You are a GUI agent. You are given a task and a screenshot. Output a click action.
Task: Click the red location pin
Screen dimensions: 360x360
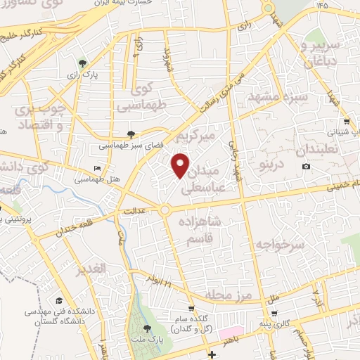(181, 165)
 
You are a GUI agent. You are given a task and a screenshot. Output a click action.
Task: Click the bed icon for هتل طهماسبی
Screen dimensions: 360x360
(97, 169)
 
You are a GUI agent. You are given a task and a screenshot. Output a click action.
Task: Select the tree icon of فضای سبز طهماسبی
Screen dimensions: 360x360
(131, 133)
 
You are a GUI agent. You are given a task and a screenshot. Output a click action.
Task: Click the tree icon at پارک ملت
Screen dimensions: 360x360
(146, 328)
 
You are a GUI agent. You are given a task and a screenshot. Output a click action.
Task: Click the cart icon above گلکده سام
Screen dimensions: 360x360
(191, 309)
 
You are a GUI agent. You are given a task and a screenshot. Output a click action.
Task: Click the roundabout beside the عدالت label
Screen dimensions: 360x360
(165, 210)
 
